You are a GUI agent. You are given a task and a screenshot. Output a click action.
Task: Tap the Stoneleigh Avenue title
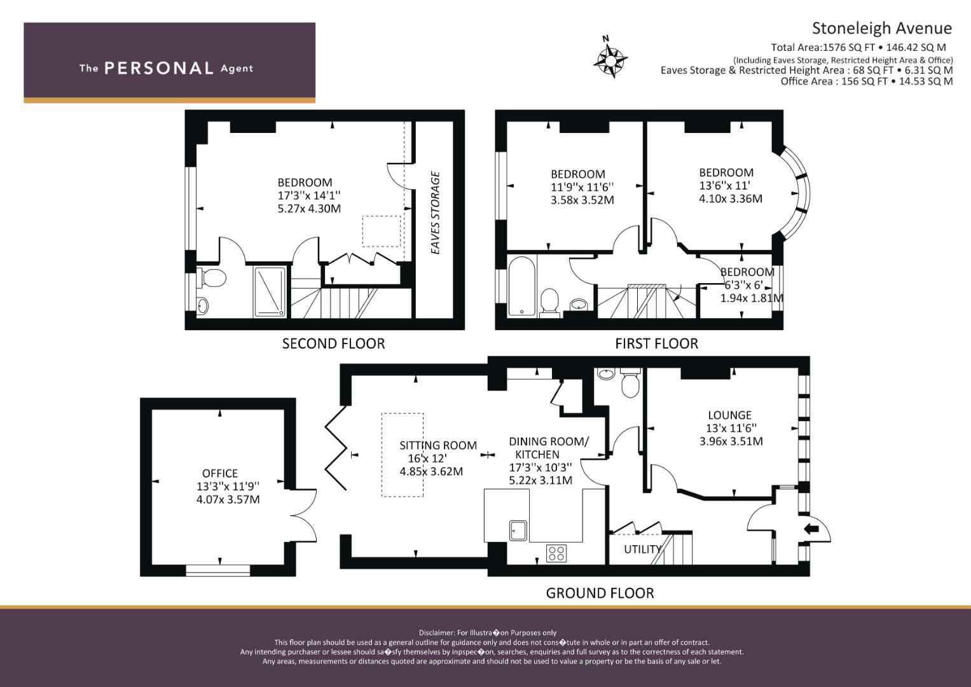(882, 28)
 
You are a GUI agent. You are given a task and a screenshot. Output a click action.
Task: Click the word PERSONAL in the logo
(159, 68)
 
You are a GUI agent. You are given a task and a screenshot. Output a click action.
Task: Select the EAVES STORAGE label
(435, 213)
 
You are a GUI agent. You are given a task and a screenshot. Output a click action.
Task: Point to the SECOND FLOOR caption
(333, 343)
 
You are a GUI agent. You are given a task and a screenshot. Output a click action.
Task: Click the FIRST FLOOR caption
(656, 343)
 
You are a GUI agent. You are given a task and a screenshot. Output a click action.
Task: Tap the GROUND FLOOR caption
(600, 593)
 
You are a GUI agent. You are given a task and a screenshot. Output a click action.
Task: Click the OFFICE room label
(220, 473)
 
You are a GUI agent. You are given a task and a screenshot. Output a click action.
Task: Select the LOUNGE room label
(729, 415)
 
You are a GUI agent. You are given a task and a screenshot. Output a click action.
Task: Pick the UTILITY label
(642, 549)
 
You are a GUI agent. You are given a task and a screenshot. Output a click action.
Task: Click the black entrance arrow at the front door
(811, 529)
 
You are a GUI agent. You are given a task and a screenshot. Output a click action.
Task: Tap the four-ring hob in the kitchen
(556, 553)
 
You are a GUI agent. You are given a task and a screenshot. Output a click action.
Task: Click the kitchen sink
(518, 530)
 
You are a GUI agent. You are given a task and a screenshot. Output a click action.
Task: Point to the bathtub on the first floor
(522, 286)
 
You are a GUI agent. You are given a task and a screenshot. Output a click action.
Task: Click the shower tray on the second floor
(270, 292)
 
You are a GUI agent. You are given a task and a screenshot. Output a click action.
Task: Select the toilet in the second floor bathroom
(211, 277)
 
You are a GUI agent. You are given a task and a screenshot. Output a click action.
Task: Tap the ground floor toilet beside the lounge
(630, 383)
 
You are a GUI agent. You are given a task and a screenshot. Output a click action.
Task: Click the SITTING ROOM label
(438, 445)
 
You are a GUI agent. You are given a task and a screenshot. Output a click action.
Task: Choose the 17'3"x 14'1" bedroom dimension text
(309, 195)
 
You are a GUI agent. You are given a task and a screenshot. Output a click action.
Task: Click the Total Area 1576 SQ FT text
(858, 48)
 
